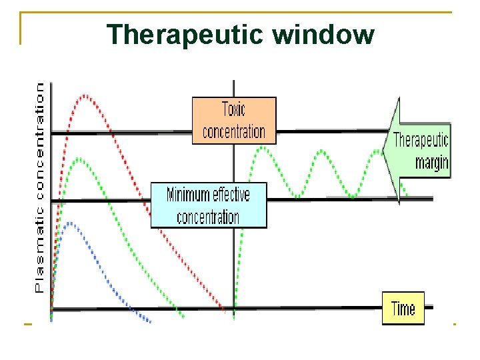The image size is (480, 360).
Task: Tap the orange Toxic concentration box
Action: point(233,121)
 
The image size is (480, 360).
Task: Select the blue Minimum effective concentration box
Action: point(208,205)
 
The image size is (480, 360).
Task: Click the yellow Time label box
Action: point(403,309)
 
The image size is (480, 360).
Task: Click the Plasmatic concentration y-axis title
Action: point(39,187)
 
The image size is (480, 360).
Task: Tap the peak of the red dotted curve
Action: point(85,96)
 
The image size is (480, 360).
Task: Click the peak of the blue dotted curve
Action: point(70,223)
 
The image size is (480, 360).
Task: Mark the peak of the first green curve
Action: point(79,159)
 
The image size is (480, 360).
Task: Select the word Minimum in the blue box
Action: point(188,195)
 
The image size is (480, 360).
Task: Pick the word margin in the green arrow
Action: point(431,162)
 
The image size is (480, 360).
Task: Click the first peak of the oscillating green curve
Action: point(263,147)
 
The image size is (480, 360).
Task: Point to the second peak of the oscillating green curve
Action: point(321,151)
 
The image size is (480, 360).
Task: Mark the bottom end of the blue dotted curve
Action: point(149,321)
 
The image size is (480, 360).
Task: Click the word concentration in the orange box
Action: point(233,131)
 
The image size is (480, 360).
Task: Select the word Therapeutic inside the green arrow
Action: point(421,141)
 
